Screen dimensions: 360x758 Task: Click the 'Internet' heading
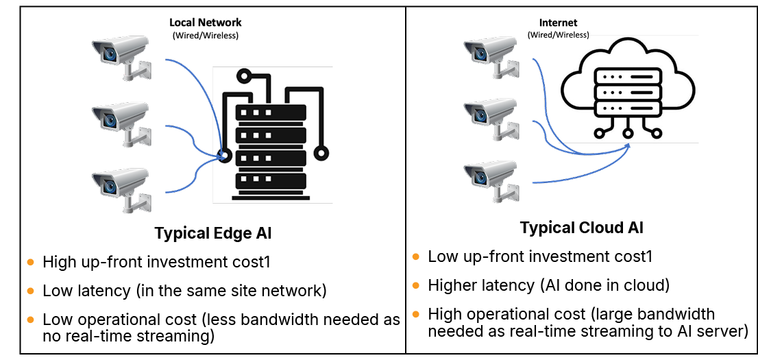[558, 23]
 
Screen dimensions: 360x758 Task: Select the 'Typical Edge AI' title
[213, 233]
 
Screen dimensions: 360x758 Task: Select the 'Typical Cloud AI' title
[581, 228]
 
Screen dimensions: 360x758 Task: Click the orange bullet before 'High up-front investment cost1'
[30, 262]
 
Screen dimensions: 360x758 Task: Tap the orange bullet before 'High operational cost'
[416, 314]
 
